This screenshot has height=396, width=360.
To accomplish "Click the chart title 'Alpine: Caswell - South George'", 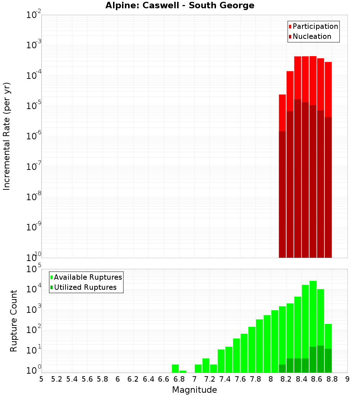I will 180,6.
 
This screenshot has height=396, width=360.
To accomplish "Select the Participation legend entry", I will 313,27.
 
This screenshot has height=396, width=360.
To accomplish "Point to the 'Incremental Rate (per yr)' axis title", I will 7,136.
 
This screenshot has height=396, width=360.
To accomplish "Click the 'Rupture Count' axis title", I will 14,321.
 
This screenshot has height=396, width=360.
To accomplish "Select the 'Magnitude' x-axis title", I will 194,390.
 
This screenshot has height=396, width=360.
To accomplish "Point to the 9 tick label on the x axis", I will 347,379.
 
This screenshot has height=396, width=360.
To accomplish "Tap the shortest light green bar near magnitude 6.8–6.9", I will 183,372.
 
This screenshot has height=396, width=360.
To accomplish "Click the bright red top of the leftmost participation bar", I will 282,112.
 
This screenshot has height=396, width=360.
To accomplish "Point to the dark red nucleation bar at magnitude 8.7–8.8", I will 328,187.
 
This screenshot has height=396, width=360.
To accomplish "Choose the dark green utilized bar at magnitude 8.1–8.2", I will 282,369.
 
